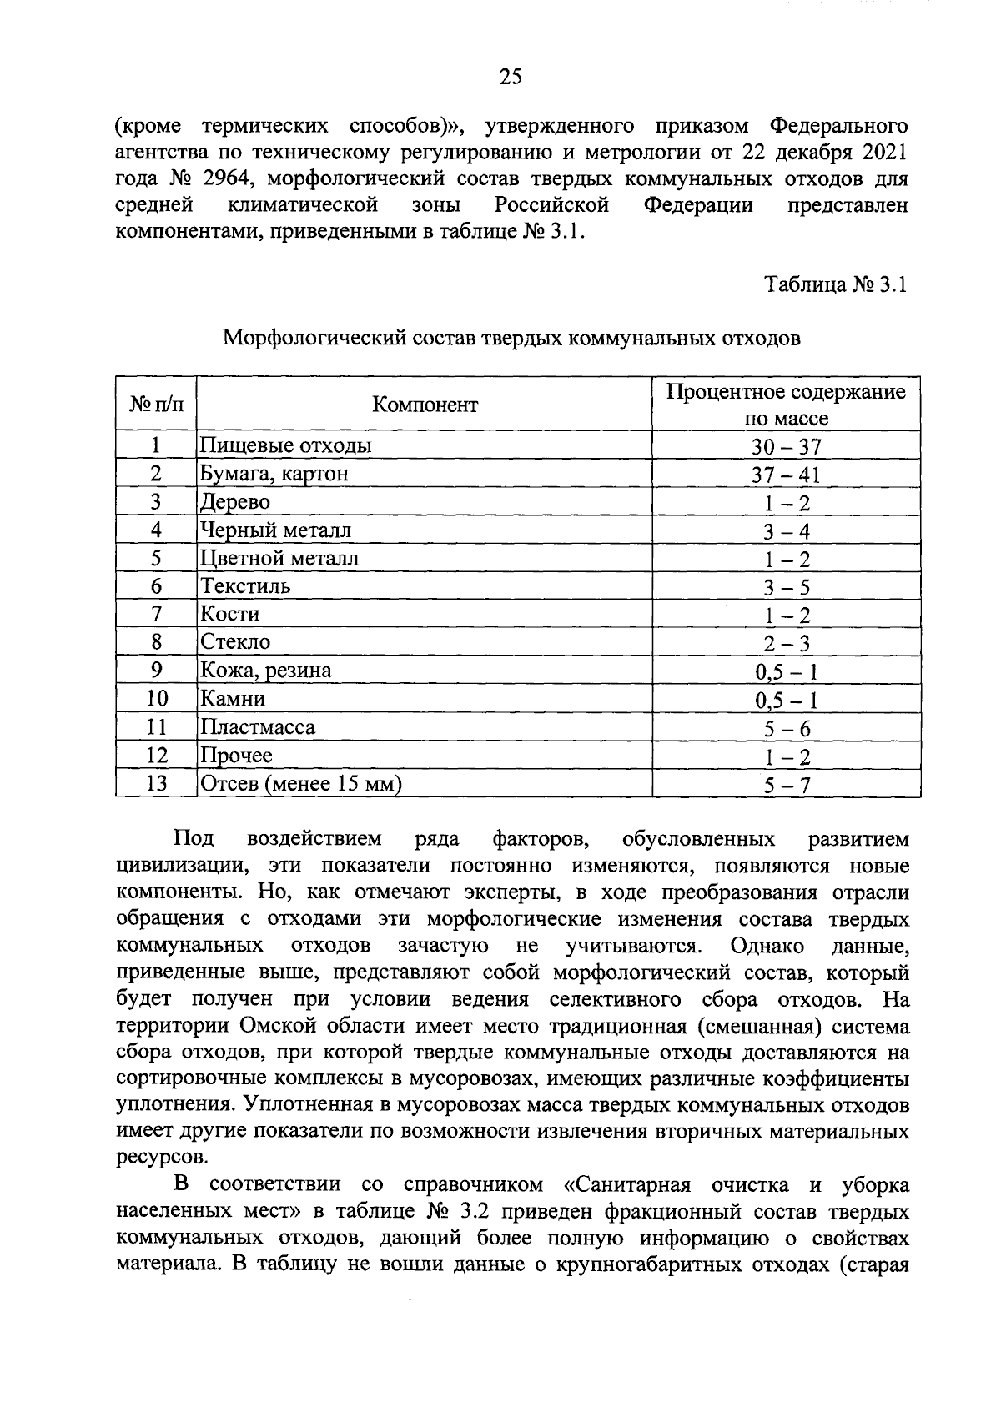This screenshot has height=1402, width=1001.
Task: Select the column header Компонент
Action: coord(425,405)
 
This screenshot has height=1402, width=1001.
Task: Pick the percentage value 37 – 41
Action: coord(786,475)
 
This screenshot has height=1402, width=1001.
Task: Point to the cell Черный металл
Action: coord(275,530)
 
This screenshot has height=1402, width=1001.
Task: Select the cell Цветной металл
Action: coord(279,559)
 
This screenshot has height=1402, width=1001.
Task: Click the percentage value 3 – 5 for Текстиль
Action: coord(786,588)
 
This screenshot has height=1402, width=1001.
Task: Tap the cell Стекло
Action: coord(235,643)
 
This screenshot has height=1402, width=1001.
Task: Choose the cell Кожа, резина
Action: coord(265,671)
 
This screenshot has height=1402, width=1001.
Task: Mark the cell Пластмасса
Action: coord(257,728)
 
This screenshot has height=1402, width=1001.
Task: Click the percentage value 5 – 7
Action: coord(786,785)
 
